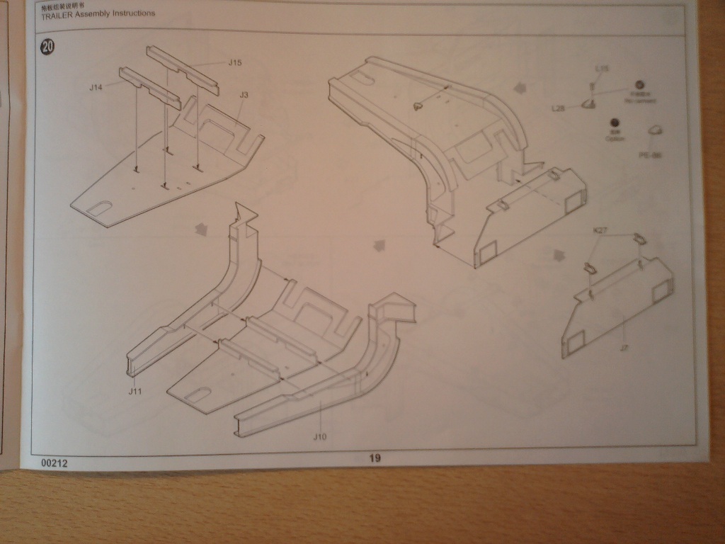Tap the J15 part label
236,62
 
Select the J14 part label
97,87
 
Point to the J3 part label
244,94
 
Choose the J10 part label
320,436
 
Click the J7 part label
624,348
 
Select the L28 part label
558,108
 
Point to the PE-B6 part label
649,154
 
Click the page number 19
375,458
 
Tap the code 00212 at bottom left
55,463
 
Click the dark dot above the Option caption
614,123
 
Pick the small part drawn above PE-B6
655,130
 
